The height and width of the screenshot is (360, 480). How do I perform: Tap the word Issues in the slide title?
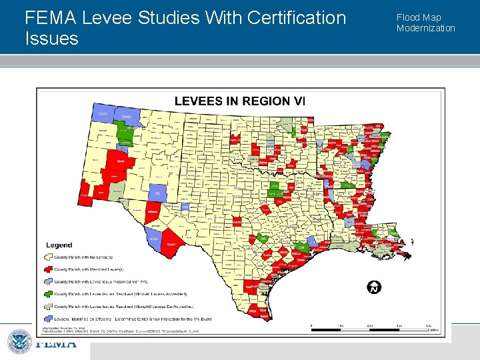click(51, 39)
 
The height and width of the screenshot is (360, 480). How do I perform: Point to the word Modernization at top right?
click(425, 28)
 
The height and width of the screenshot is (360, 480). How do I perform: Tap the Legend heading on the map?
click(59, 245)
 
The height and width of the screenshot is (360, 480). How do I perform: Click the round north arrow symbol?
click(375, 287)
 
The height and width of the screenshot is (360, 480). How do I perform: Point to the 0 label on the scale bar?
click(311, 325)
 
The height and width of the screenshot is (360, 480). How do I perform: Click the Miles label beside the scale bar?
click(433, 330)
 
